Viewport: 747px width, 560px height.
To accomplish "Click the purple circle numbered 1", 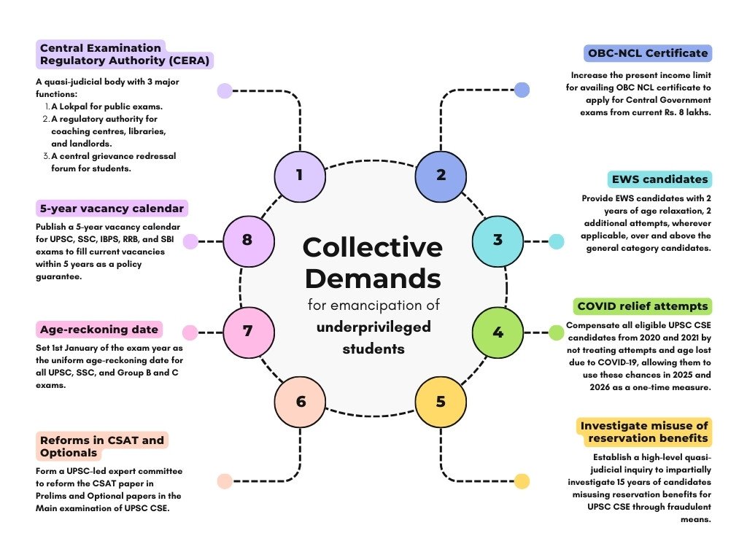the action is [300, 176].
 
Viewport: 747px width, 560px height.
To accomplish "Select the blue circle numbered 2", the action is [441, 176].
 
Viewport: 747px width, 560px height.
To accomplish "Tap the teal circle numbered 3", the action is [498, 241].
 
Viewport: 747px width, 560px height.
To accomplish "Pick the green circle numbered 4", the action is [498, 332].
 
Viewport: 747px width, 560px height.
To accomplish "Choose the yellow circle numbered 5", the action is [441, 402].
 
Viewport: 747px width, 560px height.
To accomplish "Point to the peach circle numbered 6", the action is [300, 402].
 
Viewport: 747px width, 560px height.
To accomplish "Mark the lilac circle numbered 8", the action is [249, 241].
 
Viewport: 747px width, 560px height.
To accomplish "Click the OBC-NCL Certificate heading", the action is [648, 52].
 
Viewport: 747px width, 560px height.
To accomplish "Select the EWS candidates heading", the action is [659, 179].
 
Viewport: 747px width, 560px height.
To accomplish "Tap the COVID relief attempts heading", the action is [642, 306].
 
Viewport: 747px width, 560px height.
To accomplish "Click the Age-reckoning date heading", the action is [99, 329].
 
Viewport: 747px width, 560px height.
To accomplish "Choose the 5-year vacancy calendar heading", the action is [112, 208].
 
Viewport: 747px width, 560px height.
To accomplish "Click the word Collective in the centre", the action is [373, 247].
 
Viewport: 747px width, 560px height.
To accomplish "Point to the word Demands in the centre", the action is [373, 279].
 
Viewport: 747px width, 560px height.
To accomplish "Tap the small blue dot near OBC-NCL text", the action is [522, 90].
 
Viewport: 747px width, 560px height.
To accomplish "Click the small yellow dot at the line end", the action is [522, 481].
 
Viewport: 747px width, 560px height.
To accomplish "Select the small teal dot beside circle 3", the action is [557, 241].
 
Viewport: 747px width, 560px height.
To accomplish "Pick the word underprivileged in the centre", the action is [373, 327].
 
